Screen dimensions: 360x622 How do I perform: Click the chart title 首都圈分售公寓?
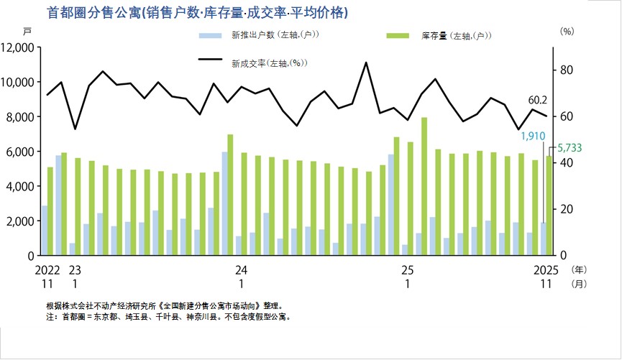[197, 12]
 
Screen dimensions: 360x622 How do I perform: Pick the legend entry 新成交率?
[270, 63]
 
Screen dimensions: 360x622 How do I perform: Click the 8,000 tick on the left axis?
[21, 117]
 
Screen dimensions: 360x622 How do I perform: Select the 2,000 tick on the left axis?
[21, 221]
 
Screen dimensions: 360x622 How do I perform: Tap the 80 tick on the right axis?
[566, 70]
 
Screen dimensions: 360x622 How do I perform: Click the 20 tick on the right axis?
[566, 209]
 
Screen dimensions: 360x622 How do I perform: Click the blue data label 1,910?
[533, 136]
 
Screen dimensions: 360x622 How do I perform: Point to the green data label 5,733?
[568, 147]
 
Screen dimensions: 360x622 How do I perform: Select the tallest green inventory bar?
[424, 185]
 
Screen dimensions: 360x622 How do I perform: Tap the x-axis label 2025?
[546, 270]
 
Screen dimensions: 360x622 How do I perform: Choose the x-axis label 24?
[241, 270]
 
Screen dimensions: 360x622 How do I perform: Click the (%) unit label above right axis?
[567, 32]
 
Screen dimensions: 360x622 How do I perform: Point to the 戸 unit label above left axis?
[27, 32]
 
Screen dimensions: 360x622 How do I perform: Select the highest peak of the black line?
[366, 63]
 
